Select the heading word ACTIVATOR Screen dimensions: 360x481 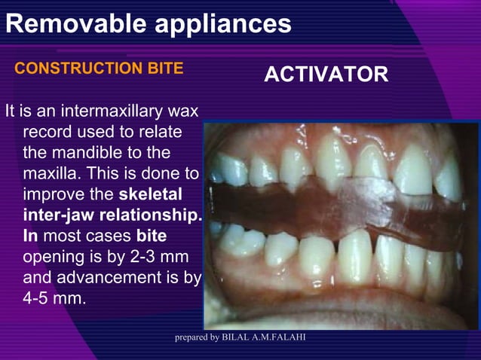coord(326,75)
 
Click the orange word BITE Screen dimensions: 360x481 coord(166,69)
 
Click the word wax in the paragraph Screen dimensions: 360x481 coord(183,112)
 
